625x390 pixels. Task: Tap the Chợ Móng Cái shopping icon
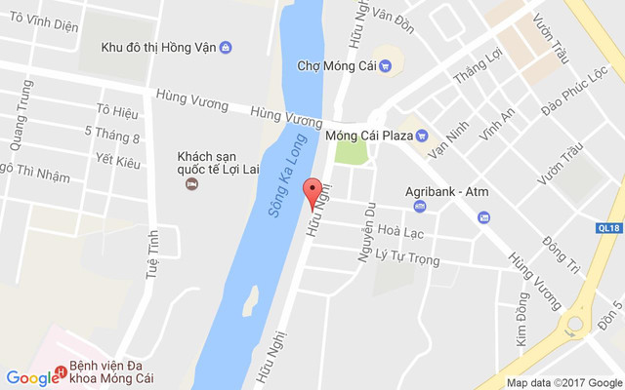point(385,66)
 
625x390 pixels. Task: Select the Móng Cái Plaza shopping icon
point(422,135)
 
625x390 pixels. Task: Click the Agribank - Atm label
point(446,191)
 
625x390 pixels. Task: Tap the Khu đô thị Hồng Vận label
point(158,47)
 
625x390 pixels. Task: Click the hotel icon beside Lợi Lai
point(192,182)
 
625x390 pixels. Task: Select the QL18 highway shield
point(608,227)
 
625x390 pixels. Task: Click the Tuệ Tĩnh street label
point(153,255)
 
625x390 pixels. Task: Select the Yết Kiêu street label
point(118,161)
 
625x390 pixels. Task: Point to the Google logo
point(32,378)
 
